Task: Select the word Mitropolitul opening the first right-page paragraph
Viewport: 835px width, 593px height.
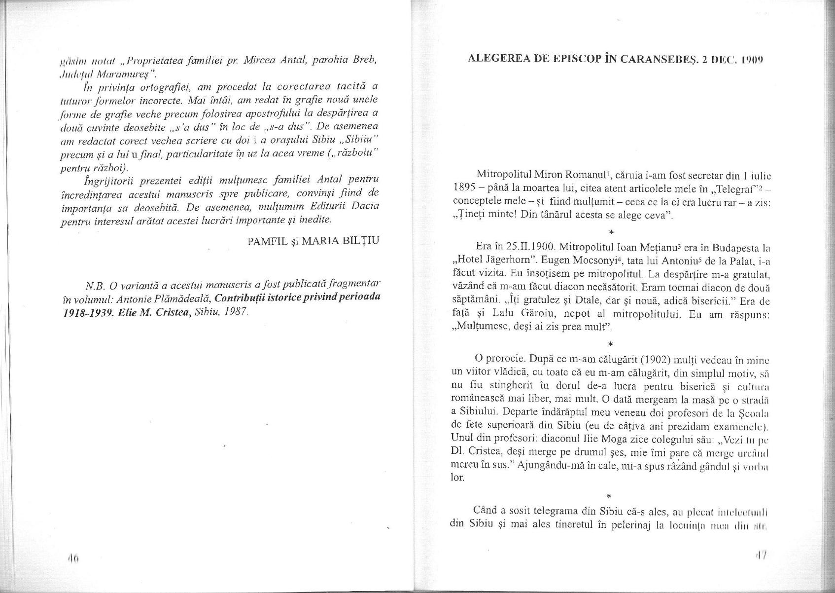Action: (x=503, y=175)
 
